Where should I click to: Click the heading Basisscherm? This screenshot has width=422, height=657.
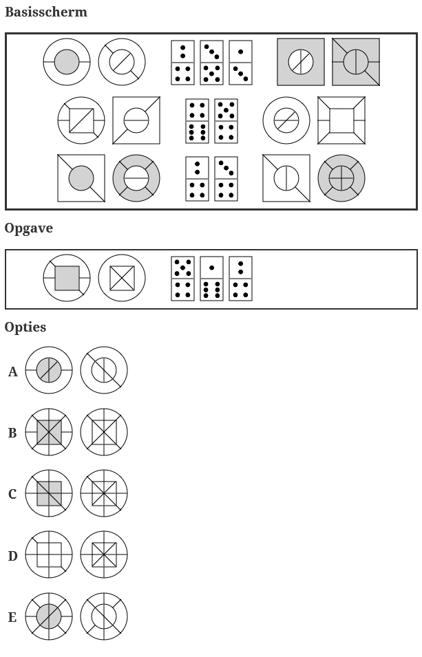45,12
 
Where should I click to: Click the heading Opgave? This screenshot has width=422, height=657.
28,228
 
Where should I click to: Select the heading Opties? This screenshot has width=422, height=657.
25,327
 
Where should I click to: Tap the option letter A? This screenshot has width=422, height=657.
12,372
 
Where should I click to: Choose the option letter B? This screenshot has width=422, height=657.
12,433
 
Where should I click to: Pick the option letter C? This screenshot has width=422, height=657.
12,495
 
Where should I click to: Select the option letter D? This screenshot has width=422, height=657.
12,556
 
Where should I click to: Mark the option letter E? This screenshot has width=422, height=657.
12,617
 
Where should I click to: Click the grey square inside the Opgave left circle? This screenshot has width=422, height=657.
67,278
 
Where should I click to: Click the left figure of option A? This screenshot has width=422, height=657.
49,371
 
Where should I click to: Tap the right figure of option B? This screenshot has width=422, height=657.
104,432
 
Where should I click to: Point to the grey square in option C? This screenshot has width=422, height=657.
49,493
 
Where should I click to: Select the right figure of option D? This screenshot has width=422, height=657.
104,554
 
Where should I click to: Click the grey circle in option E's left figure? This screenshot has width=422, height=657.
49,616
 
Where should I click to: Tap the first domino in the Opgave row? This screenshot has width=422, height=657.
182,278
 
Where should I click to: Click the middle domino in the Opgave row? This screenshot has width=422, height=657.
211,278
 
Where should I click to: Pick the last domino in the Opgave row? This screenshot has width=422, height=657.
240,278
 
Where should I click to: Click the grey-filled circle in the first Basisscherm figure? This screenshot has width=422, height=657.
67,62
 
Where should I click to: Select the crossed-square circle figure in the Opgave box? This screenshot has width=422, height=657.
122,278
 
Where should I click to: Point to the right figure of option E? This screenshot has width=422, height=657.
104,616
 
